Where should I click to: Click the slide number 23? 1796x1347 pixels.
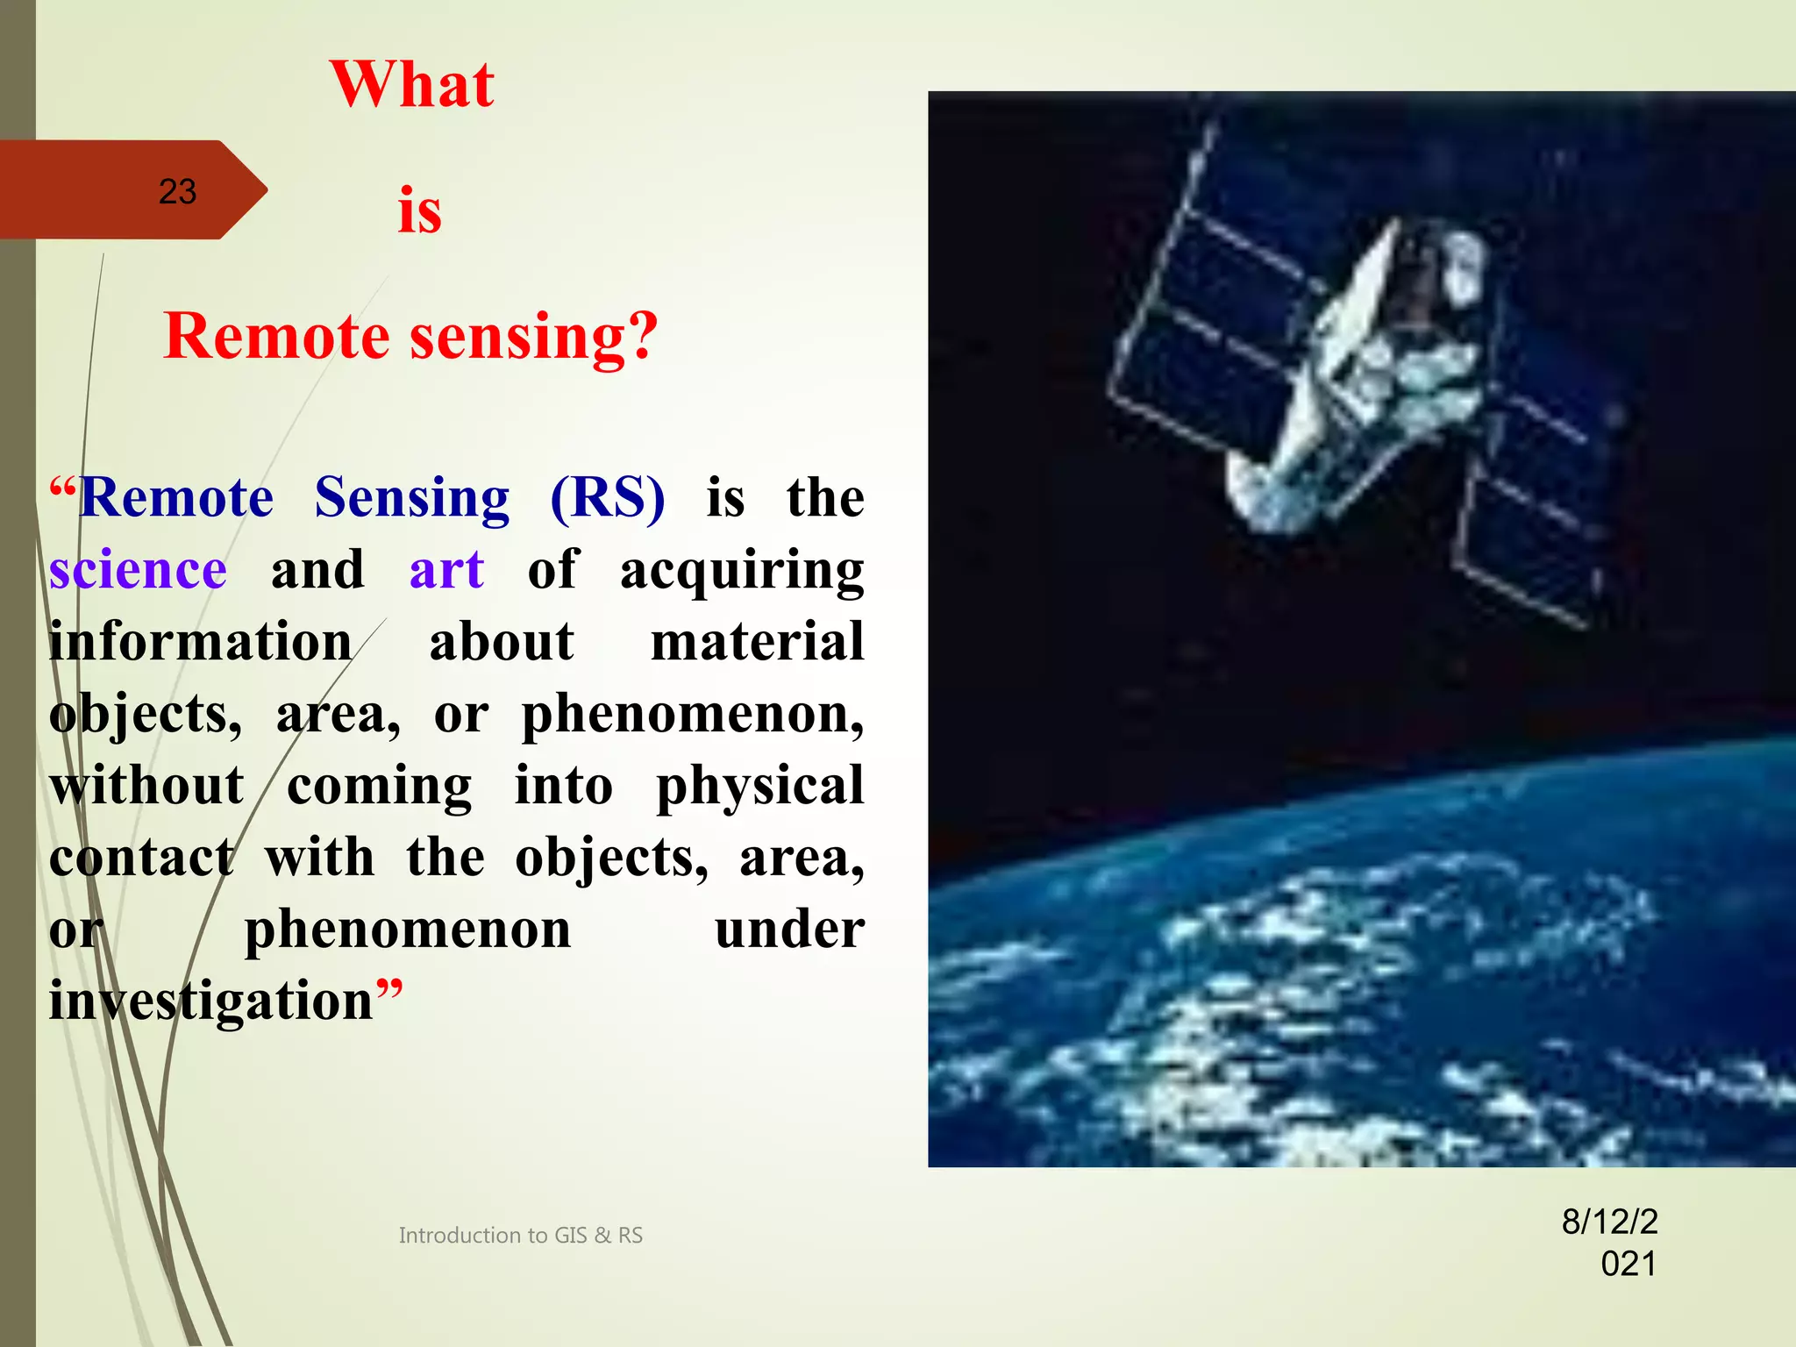[177, 192]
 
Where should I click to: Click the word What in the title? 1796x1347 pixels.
[412, 85]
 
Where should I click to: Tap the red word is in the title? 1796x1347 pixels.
[419, 211]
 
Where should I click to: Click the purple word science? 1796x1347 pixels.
[138, 570]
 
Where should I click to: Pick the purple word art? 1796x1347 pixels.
[446, 570]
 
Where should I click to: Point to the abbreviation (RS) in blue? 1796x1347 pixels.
[607, 498]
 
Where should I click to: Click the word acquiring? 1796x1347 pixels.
[741, 572]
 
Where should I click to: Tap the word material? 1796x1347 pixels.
[757, 642]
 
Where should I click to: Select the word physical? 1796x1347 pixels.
[759, 787]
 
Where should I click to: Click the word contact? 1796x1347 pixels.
[141, 858]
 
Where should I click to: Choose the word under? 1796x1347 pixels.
[789, 930]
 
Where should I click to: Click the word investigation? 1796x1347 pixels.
[210, 1001]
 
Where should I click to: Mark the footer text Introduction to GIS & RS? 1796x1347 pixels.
[520, 1236]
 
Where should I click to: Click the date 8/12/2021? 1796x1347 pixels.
[1610, 1243]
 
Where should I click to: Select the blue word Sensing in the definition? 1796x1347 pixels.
[411, 498]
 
